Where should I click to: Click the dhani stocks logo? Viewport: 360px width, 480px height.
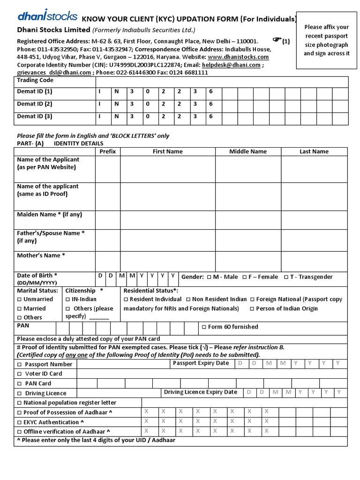click(47, 16)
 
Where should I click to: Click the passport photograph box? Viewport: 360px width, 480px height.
click(327, 40)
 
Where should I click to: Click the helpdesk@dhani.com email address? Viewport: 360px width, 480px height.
click(231, 65)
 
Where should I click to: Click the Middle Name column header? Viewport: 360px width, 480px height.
click(247, 151)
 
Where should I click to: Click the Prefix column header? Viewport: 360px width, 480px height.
click(107, 151)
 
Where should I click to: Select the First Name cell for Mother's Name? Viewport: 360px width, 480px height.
click(167, 261)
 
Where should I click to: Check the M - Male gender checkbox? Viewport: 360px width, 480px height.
click(209, 277)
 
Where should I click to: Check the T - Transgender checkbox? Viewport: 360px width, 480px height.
click(286, 277)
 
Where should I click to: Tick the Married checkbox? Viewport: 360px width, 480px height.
click(19, 308)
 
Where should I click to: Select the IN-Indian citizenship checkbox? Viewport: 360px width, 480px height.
click(67, 299)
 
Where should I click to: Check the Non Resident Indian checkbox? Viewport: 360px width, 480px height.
click(188, 299)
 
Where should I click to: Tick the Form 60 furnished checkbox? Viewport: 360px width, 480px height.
click(203, 327)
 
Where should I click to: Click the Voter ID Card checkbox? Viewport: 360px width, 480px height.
click(19, 374)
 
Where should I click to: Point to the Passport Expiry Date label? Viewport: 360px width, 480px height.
click(201, 363)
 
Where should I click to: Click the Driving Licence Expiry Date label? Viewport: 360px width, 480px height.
click(200, 392)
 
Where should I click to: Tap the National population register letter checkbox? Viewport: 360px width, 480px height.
click(19, 403)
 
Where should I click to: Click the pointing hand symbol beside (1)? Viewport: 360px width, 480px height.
click(277, 39)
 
